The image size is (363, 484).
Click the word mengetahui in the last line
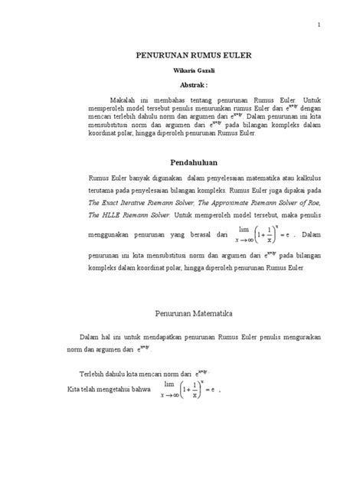tap(118, 391)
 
